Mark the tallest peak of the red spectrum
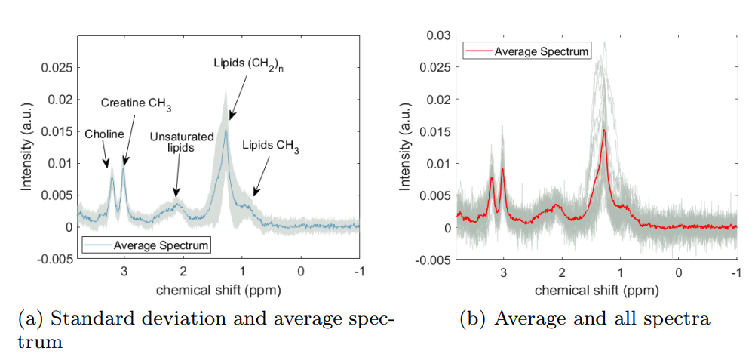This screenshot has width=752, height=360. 604,131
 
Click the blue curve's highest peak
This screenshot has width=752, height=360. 225,131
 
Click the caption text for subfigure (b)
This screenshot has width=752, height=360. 585,319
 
